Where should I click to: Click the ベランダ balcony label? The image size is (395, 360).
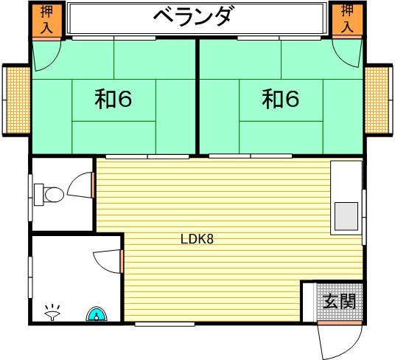click(x=192, y=16)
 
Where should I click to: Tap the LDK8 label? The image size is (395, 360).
click(x=197, y=239)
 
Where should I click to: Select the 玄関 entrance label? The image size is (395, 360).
click(x=339, y=301)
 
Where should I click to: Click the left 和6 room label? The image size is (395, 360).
click(x=113, y=99)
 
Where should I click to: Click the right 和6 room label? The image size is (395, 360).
click(x=281, y=99)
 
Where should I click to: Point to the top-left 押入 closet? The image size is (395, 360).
click(x=47, y=19)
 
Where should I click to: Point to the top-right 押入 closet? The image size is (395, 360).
click(x=348, y=19)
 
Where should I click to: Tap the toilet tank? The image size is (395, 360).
click(x=39, y=195)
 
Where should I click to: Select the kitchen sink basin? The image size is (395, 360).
click(x=346, y=216)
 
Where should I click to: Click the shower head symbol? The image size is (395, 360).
click(x=52, y=313)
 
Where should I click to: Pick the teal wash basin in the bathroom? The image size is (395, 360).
click(x=97, y=314)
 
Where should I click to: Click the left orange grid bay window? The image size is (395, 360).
click(x=18, y=100)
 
